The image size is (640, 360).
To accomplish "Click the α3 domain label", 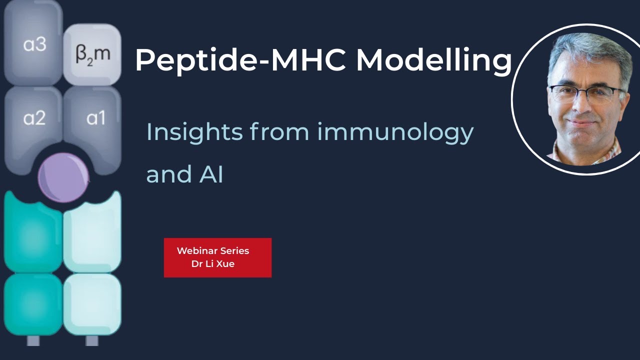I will tap(34, 45).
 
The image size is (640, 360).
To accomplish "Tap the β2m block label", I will tap(92, 54).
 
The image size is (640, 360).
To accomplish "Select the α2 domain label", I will tap(34, 118).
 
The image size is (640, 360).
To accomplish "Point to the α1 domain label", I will tap(95, 118).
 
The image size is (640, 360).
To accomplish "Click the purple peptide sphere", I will tap(63, 177).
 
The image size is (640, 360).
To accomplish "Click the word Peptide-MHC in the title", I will tap(240, 60).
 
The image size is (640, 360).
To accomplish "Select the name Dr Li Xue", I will tap(213, 264).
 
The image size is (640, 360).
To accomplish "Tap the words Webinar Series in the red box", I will tap(213, 251).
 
